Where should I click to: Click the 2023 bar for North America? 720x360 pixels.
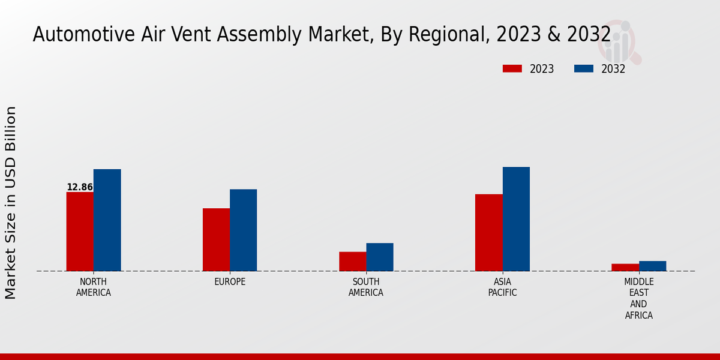(80, 232)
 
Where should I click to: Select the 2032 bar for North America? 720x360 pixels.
(107, 220)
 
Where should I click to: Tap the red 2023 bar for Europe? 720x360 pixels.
(216, 239)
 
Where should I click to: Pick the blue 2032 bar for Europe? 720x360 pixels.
(243, 230)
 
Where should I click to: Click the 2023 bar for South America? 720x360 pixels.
(352, 262)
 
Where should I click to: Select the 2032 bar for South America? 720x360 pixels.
(380, 257)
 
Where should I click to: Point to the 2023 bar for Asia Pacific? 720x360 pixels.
(488, 233)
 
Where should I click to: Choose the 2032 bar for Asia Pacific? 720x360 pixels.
(516, 219)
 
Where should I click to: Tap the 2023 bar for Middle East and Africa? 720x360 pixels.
(625, 268)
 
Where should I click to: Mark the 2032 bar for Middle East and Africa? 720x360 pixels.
(652, 266)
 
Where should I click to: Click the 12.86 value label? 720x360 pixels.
(80, 187)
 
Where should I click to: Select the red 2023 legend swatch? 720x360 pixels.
(512, 69)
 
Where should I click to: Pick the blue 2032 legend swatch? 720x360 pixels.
(584, 69)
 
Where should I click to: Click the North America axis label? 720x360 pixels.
(94, 287)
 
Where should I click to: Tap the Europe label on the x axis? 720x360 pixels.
(230, 282)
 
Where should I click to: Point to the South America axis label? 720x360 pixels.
(366, 287)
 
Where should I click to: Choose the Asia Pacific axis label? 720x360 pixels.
(502, 287)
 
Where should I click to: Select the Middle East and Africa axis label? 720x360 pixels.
(638, 298)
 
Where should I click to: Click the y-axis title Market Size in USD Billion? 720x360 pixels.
(11, 202)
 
